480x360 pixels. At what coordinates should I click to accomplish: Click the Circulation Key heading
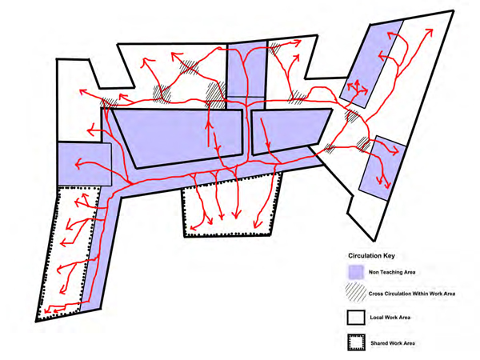click(371, 256)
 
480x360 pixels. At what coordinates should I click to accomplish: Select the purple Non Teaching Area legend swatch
click(356, 272)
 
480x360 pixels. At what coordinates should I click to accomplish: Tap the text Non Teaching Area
click(392, 272)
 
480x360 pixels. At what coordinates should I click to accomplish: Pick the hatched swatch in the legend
click(356, 294)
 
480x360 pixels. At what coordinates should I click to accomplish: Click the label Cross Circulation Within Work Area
click(412, 294)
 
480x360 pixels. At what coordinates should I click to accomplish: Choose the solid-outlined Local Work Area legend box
click(356, 318)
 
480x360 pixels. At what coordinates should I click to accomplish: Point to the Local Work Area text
click(390, 318)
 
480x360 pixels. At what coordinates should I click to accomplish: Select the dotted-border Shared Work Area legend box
click(356, 342)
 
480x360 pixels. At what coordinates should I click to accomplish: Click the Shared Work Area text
click(393, 343)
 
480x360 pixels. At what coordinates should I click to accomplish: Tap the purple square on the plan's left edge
click(85, 164)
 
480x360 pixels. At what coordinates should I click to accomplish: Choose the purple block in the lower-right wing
click(382, 168)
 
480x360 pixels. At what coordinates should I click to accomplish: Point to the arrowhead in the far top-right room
click(430, 32)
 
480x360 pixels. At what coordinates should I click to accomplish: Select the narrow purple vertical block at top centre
click(246, 74)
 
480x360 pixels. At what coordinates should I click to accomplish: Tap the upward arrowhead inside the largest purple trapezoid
click(209, 125)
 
